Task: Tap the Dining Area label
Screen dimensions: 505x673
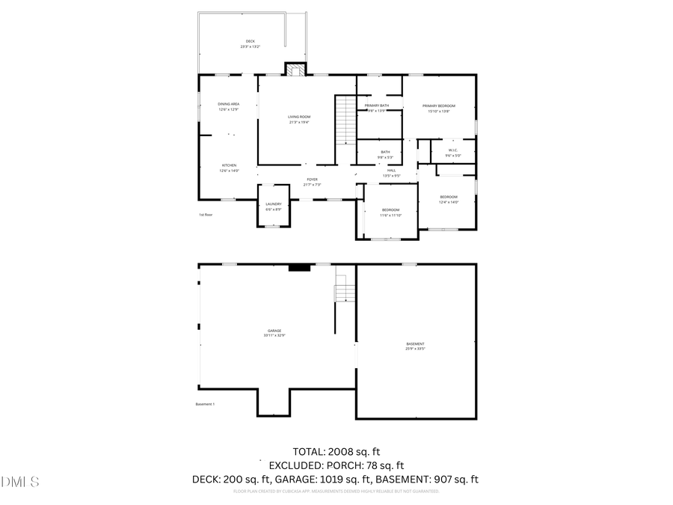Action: tap(228, 106)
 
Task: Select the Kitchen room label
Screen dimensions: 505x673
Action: tap(228, 168)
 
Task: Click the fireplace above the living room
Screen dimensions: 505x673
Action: tap(295, 70)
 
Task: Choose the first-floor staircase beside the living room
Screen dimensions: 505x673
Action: tap(345, 120)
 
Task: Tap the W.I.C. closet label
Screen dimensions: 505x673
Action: tap(452, 153)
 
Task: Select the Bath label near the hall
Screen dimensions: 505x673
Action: tap(384, 155)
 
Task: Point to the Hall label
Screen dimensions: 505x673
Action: tap(391, 173)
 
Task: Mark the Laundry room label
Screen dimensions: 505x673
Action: tap(274, 206)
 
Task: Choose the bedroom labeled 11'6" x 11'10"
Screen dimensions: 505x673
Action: tap(391, 212)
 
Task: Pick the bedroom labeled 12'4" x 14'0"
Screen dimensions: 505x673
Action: tap(448, 199)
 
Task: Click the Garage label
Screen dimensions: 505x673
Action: tap(274, 333)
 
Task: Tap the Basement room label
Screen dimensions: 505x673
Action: tap(415, 346)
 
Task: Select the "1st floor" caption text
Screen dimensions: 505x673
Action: tap(206, 215)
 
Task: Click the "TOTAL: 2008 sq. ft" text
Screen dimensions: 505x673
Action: tap(336, 451)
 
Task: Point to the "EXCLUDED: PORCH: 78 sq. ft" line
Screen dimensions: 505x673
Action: tap(336, 465)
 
